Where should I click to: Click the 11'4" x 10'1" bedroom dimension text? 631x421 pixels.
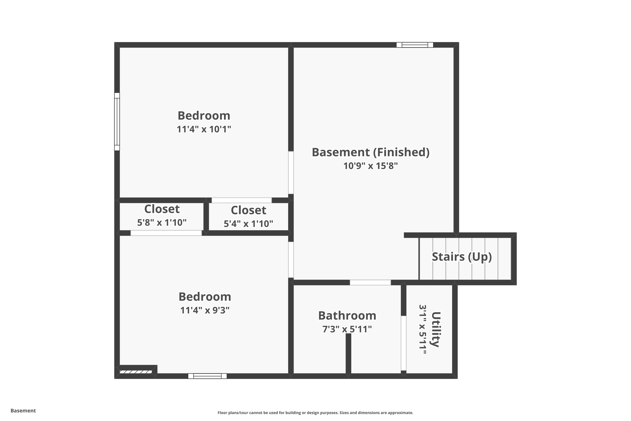tap(204, 129)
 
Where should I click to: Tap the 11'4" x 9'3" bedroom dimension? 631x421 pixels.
tap(205, 310)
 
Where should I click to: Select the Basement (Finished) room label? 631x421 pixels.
tap(370, 152)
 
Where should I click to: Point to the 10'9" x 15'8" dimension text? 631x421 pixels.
tap(370, 166)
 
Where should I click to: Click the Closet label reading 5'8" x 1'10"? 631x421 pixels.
tap(162, 209)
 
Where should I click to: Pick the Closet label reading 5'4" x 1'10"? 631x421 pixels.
tap(248, 210)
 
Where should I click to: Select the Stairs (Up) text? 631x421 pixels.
tap(462, 257)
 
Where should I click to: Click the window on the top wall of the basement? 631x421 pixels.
tap(415, 45)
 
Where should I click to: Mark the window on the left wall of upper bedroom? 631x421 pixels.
tap(117, 122)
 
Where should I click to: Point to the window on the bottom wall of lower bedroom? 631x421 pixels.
tap(207, 376)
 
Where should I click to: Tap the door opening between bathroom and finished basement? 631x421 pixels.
tap(370, 283)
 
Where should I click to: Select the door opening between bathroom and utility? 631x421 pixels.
tap(403, 343)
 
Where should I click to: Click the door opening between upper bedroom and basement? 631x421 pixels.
tap(291, 172)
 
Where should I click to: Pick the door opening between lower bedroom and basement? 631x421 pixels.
tap(291, 260)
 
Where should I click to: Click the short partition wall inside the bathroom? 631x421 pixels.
tap(348, 354)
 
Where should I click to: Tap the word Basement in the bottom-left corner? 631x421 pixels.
tap(23, 411)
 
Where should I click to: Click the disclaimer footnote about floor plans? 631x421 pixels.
tap(315, 413)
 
